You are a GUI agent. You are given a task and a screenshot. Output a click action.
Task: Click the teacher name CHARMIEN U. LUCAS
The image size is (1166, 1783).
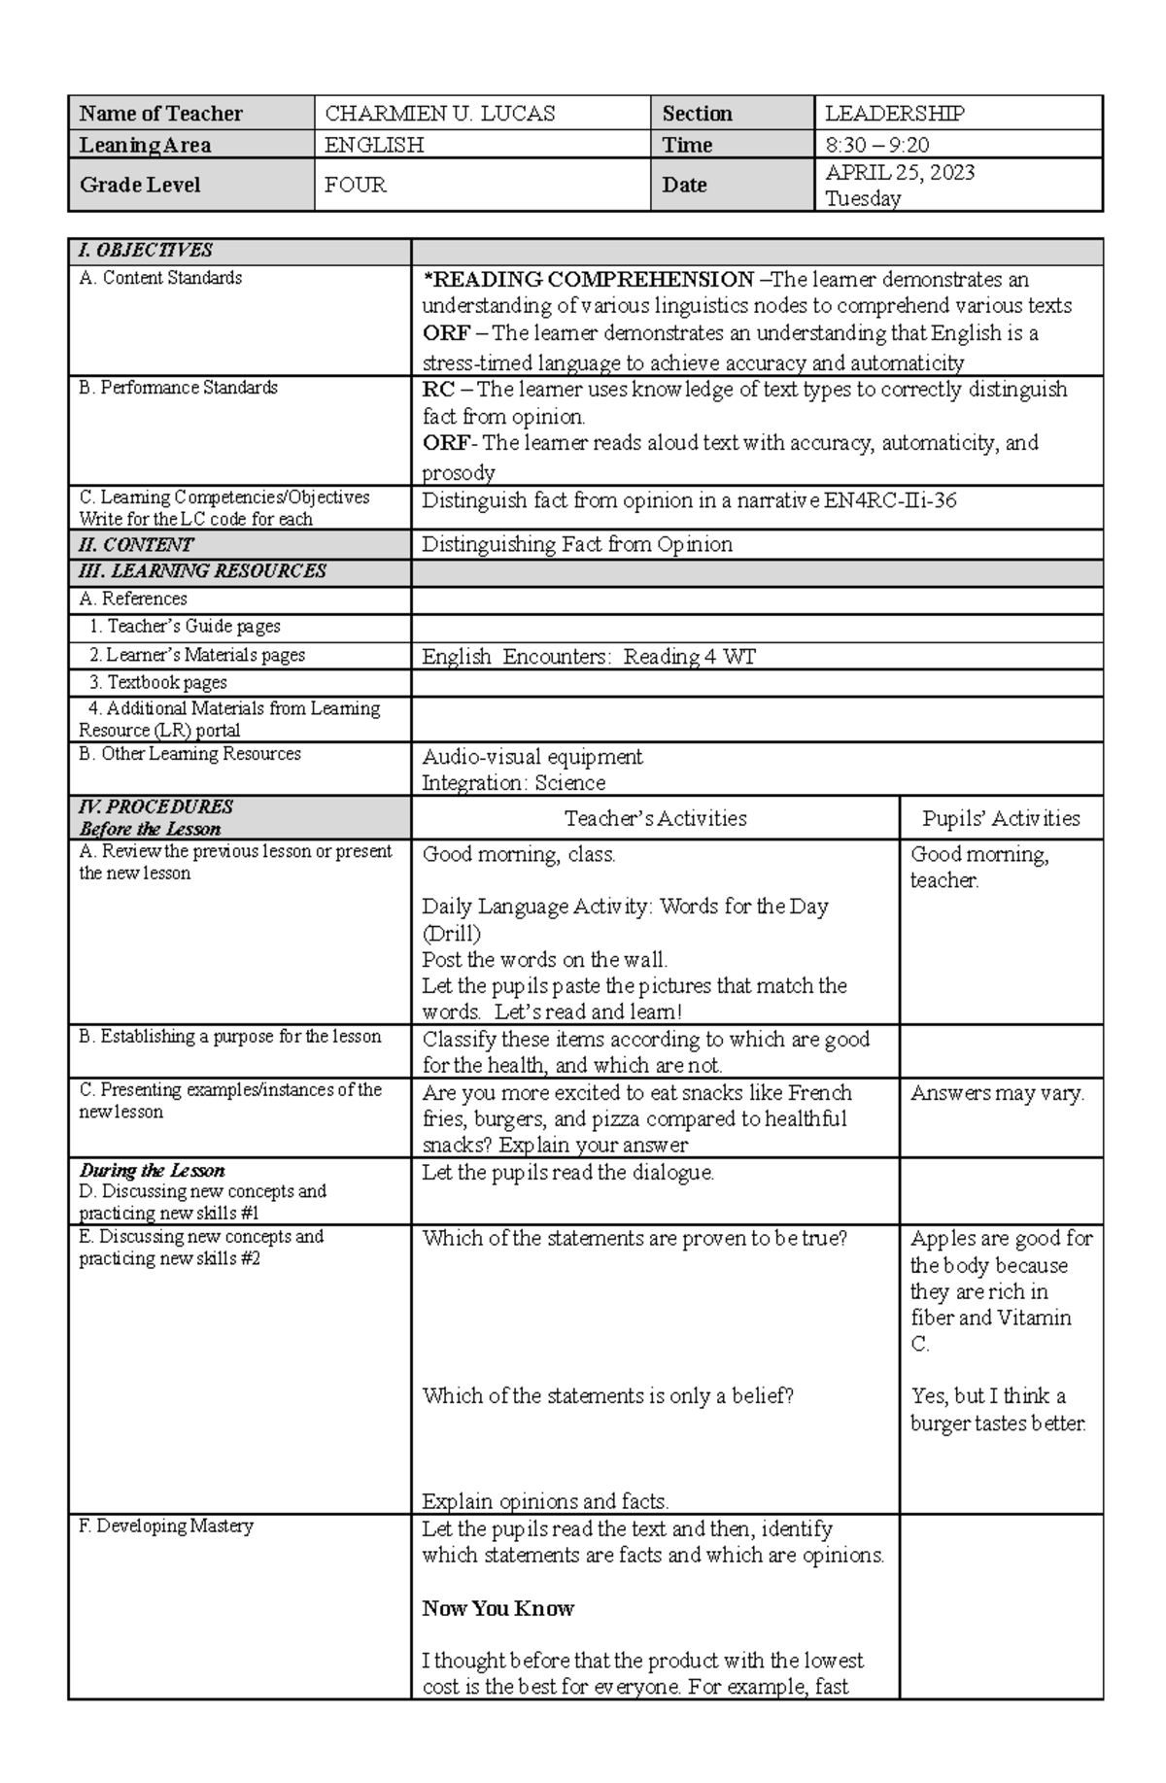coord(439,114)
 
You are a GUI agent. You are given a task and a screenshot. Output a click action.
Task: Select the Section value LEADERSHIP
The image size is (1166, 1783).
coord(894,114)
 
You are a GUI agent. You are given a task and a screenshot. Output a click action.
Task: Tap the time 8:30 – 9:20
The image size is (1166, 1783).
coord(876,146)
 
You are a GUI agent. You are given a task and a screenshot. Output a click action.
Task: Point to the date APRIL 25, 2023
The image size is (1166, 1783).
coord(900,173)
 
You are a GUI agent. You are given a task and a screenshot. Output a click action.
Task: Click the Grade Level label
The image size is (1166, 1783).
coord(140,185)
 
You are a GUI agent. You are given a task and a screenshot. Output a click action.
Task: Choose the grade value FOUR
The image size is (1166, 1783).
coord(356,185)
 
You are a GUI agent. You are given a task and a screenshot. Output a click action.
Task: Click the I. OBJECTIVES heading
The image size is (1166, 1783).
coord(145,250)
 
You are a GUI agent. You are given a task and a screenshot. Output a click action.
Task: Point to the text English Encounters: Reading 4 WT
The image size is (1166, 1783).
coord(588,657)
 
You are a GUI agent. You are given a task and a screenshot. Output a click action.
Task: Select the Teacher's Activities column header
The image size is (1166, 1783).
coord(655,818)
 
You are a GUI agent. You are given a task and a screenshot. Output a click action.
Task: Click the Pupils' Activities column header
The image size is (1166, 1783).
coord(1001,818)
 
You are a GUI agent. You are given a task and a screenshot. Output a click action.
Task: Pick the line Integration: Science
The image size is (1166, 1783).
coord(513,783)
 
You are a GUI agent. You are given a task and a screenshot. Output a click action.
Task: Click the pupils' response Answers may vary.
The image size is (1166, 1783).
coord(997,1093)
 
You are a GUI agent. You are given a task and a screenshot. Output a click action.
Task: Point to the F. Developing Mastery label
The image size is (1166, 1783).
coord(165,1526)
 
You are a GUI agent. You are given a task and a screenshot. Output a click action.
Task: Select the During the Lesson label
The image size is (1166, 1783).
coord(152,1170)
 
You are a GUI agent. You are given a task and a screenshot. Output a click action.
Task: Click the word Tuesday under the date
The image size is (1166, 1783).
coord(863,199)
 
